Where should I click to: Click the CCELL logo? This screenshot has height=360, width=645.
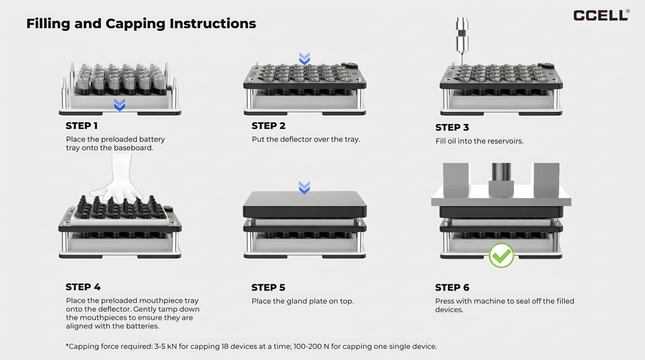tap(601, 15)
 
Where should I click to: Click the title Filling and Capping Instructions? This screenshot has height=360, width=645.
tap(141, 23)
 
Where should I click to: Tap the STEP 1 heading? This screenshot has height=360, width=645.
tap(82, 126)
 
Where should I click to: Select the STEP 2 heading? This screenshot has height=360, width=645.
tap(268, 126)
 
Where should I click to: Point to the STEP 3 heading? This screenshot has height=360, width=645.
tap(452, 127)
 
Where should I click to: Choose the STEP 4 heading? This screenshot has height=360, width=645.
tap(83, 287)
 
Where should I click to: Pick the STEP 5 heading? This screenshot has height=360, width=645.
tap(268, 287)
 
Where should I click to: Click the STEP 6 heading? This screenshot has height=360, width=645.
tap(452, 287)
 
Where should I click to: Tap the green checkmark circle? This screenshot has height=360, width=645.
tap(501, 255)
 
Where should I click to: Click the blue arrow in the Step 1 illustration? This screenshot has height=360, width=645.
tap(120, 105)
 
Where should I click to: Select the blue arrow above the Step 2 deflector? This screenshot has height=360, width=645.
tap(304, 59)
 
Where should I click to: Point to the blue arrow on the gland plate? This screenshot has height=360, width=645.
tap(304, 187)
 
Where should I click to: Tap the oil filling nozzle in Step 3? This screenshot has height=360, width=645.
tap(462, 40)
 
